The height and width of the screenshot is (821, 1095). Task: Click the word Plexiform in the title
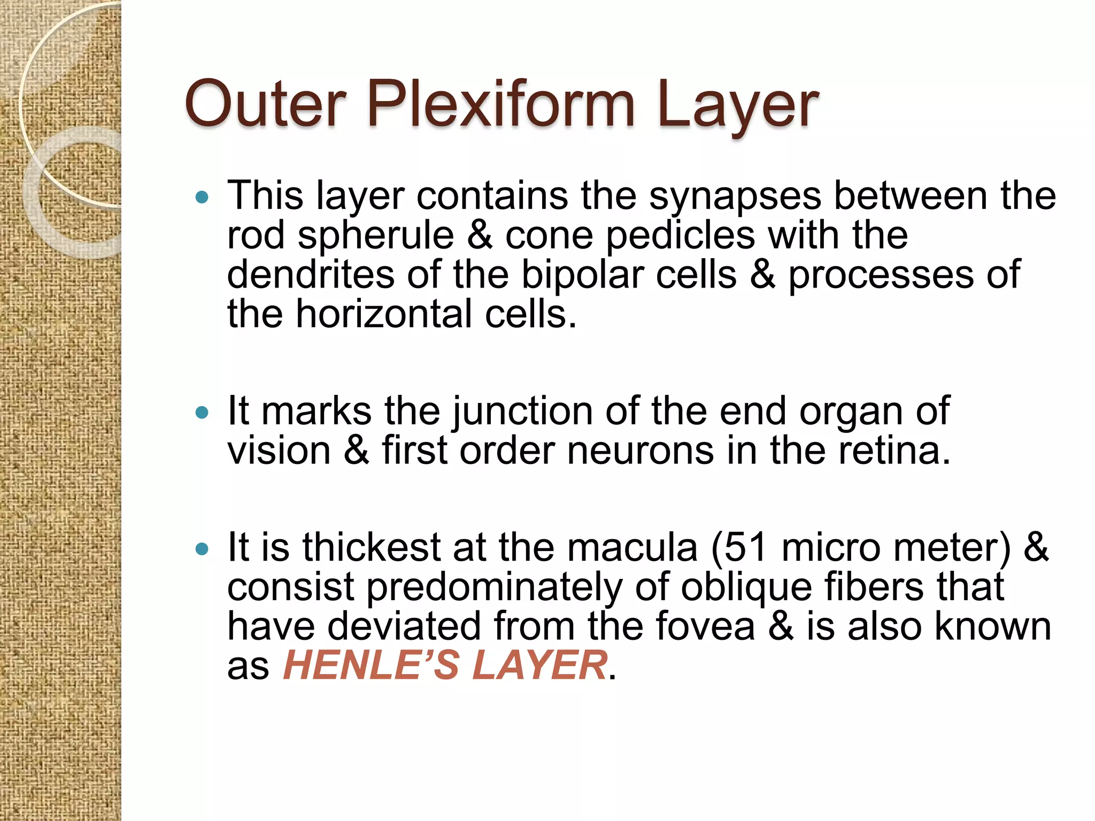coord(501,104)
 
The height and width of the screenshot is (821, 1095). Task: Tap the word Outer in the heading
coord(266,104)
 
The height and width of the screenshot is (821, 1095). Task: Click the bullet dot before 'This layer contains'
coord(202,198)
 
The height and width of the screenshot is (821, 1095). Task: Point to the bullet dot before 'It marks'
coord(202,413)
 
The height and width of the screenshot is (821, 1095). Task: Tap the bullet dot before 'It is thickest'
coord(202,548)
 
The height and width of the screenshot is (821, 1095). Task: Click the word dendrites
coord(310,275)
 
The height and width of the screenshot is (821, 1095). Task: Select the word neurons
coord(640,451)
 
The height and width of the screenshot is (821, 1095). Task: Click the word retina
coord(893,451)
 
